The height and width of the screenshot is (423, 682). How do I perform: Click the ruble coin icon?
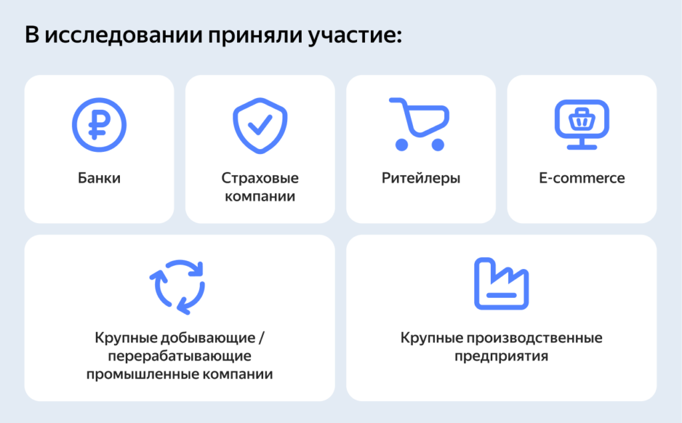(x=99, y=125)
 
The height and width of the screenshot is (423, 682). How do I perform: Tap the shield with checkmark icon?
(x=260, y=125)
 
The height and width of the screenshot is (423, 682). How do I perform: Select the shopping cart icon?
(x=418, y=124)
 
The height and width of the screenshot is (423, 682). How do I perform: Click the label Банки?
(x=99, y=179)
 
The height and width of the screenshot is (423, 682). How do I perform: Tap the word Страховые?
(x=260, y=179)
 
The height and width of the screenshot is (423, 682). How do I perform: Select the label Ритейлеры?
(x=421, y=179)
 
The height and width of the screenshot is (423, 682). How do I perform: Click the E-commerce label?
(x=581, y=179)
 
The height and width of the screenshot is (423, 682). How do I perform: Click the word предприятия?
(x=502, y=356)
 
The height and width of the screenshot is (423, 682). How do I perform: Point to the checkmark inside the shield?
(x=260, y=124)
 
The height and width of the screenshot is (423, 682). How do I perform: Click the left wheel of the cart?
(x=401, y=144)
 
